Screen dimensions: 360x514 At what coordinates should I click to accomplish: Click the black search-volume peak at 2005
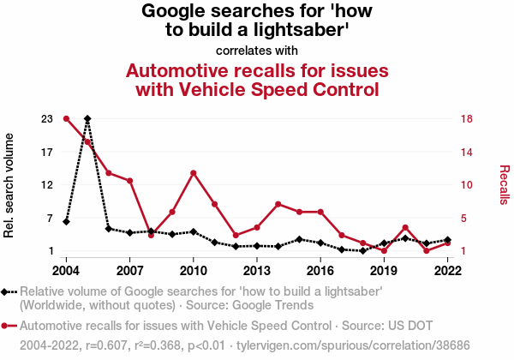click(87, 118)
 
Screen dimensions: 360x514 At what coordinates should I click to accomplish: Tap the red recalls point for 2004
click(66, 118)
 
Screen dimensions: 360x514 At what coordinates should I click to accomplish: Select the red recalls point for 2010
click(194, 173)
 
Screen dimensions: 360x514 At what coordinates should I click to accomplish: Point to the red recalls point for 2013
click(257, 227)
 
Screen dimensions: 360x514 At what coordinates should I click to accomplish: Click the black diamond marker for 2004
click(66, 222)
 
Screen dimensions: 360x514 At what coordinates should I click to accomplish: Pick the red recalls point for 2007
click(129, 181)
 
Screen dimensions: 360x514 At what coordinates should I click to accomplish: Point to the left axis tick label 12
click(46, 184)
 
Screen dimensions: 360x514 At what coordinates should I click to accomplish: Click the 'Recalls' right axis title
click(504, 184)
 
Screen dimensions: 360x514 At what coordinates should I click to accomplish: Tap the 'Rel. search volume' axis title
click(10, 184)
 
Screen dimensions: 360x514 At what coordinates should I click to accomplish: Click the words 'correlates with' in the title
click(257, 49)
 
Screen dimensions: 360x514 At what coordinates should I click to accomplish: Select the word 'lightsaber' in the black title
click(300, 31)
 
